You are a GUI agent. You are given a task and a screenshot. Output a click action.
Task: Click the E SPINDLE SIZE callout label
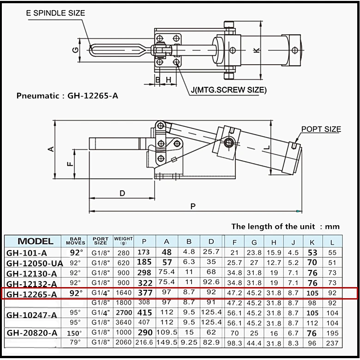[55, 13]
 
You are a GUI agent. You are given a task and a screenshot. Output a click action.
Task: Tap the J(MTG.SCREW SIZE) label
[228, 90]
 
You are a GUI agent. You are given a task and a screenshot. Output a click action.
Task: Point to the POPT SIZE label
[321, 129]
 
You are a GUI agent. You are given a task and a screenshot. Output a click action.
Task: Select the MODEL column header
[35, 241]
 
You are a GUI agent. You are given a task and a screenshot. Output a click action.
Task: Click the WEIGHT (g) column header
[123, 241]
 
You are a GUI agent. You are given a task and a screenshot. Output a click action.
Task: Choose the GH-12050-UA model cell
[35, 263]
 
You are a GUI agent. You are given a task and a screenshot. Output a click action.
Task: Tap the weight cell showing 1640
[123, 293]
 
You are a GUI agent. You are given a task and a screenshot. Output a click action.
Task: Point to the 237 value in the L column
[332, 343]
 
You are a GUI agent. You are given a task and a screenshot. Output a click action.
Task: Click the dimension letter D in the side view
[122, 193]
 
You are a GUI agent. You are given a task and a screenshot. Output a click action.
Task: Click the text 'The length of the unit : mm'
[285, 226]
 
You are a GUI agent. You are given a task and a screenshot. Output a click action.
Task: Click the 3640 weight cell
[123, 323]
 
